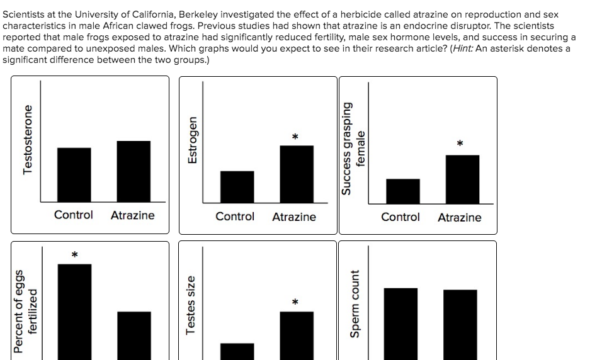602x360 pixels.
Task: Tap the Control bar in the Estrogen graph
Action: (x=237, y=187)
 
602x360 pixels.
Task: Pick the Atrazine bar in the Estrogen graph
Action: (x=296, y=174)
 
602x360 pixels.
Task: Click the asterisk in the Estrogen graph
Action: (x=294, y=137)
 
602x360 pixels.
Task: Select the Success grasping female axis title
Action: (x=353, y=149)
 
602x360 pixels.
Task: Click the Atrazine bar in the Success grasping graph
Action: (x=462, y=179)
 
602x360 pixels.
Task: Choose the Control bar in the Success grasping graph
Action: (x=402, y=191)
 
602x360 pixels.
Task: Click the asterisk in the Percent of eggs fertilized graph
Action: (x=74, y=255)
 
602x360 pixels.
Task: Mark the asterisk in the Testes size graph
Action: (x=294, y=303)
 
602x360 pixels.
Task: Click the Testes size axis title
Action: (x=191, y=305)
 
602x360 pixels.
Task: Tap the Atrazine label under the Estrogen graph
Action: (x=294, y=217)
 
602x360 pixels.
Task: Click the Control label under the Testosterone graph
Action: (x=73, y=215)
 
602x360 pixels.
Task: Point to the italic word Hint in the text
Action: (x=463, y=48)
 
